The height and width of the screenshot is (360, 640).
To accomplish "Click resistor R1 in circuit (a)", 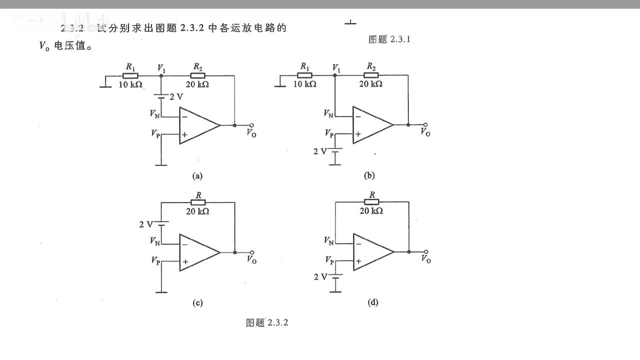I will (x=130, y=75).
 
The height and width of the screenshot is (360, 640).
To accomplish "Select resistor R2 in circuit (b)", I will (x=371, y=75).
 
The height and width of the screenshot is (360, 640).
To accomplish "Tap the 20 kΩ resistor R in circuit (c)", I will (x=198, y=202).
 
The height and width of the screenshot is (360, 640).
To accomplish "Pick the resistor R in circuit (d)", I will (x=371, y=202).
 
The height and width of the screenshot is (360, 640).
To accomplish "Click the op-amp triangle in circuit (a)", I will (x=197, y=125).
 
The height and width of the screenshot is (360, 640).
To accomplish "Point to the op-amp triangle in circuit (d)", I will (x=371, y=252).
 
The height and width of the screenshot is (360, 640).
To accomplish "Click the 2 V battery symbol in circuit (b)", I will (x=334, y=150).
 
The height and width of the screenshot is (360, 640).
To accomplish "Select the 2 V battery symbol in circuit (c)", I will (x=161, y=224).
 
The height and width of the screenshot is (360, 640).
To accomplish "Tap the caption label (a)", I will (x=197, y=175).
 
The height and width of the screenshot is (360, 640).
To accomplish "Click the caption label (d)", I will (x=372, y=302).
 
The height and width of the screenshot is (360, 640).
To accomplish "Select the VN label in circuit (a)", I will (x=155, y=114).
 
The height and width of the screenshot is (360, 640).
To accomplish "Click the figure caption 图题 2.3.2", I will (x=267, y=322).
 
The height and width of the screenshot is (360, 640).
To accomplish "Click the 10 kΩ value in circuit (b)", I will (x=304, y=84).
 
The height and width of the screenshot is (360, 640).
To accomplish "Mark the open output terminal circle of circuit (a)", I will (x=252, y=125).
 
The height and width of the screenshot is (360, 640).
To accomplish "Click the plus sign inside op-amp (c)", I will (x=185, y=261).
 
